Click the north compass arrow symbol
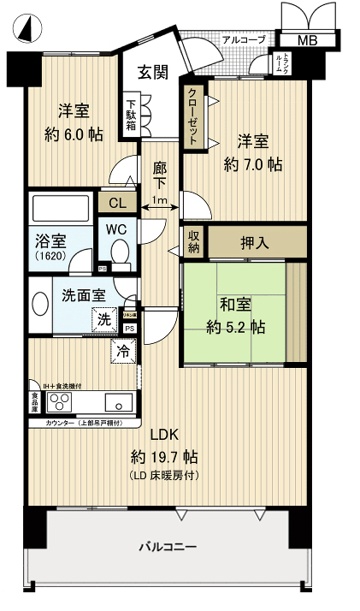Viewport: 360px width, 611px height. (x=26, y=30)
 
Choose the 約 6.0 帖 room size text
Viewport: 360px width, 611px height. (x=73, y=134)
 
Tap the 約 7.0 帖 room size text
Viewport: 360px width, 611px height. (x=252, y=164)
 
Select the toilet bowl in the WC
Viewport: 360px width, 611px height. (x=120, y=251)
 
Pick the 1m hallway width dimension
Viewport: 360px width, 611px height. (x=159, y=201)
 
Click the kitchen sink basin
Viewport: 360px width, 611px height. (x=119, y=401)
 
